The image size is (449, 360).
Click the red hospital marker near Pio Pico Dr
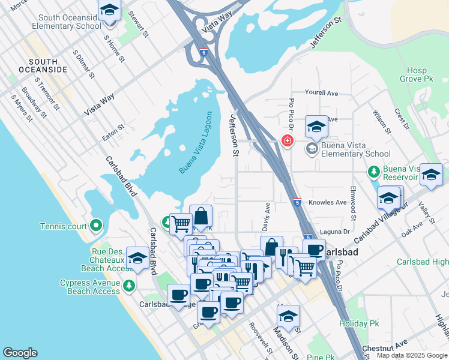(288, 141)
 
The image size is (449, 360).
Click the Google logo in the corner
(20, 353)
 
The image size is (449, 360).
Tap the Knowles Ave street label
(327, 203)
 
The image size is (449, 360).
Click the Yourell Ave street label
(321, 94)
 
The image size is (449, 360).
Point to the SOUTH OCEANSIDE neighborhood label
(43, 66)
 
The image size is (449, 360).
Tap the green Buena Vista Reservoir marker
(374, 173)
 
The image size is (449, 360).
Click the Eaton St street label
(113, 133)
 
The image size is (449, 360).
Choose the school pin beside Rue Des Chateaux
(137, 258)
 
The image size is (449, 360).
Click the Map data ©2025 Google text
(411, 355)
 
